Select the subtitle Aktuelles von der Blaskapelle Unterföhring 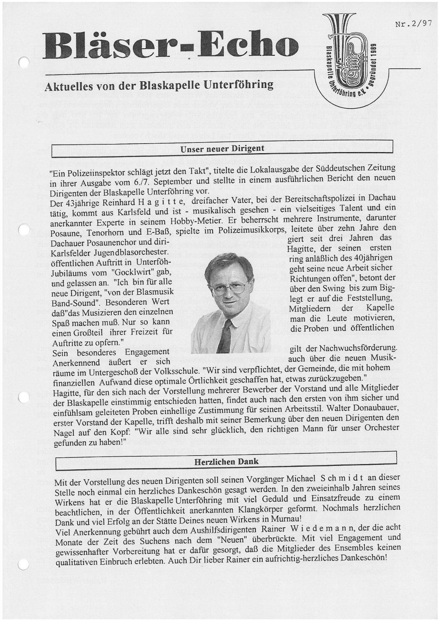(159, 86)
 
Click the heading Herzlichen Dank (226, 462)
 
